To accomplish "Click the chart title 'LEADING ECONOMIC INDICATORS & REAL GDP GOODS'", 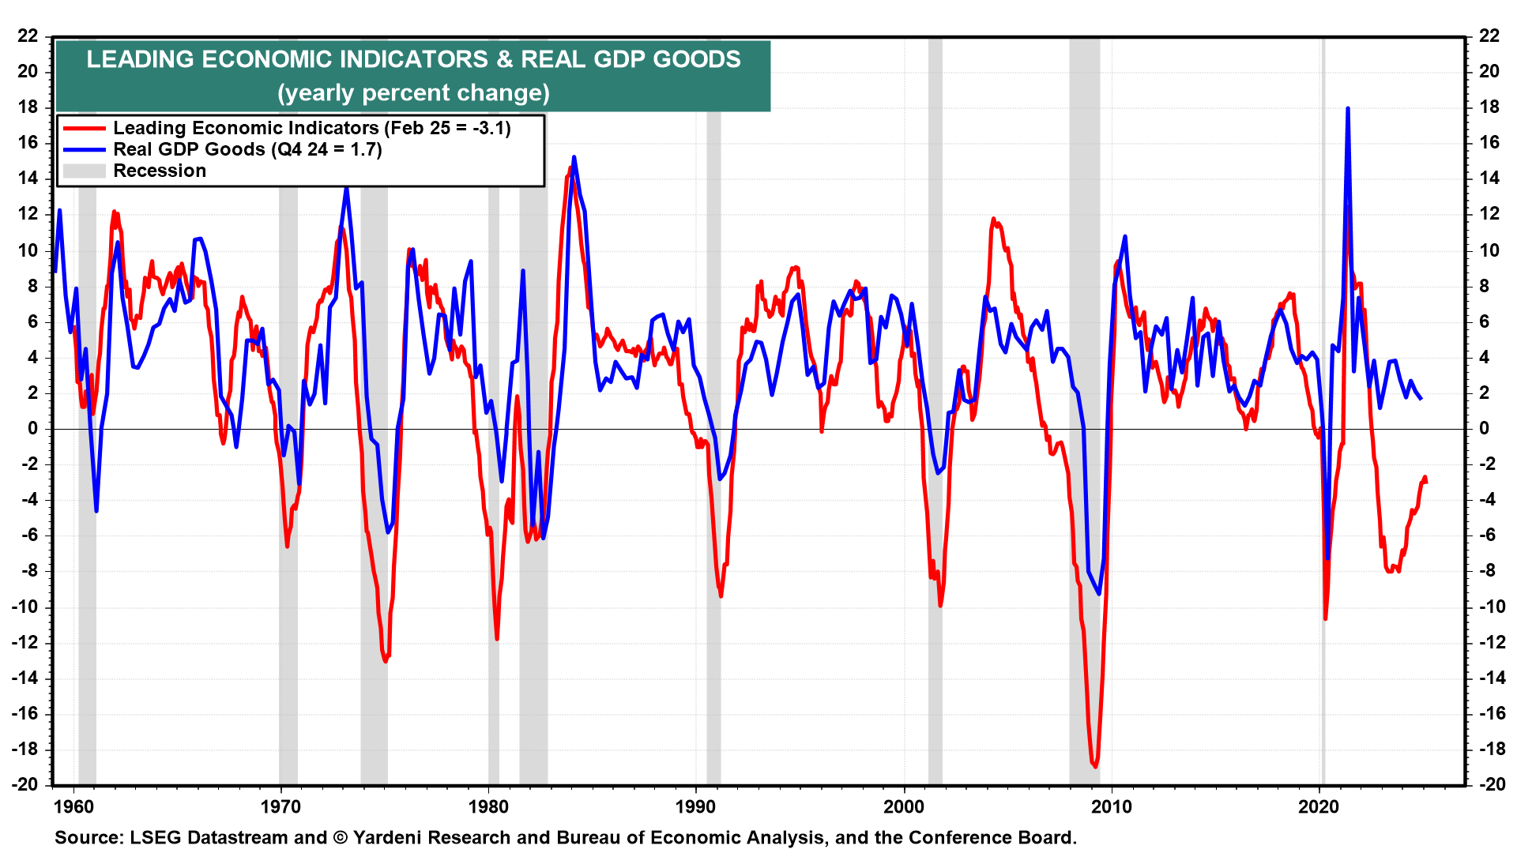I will tap(413, 59).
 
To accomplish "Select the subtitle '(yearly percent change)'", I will tap(413, 93).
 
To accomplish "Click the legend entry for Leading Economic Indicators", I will tap(311, 128).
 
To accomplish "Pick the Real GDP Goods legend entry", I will tap(247, 149).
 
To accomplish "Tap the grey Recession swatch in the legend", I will tap(84, 171).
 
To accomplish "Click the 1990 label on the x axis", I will tap(696, 806).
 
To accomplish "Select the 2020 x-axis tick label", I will tap(1319, 806).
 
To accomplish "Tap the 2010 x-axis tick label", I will tap(1112, 806).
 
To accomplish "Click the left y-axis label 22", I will tap(28, 36).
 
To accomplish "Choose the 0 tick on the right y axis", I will tap(1483, 428).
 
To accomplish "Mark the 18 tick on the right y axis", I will tap(1489, 107).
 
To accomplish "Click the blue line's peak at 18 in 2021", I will tap(1347, 109).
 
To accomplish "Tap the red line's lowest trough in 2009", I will tap(1095, 766).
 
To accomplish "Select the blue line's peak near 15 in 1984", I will tap(574, 157).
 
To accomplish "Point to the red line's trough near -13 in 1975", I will tap(386, 661).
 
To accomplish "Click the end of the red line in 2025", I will tap(1425, 481).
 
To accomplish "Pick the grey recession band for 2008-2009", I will tap(1084, 411).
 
